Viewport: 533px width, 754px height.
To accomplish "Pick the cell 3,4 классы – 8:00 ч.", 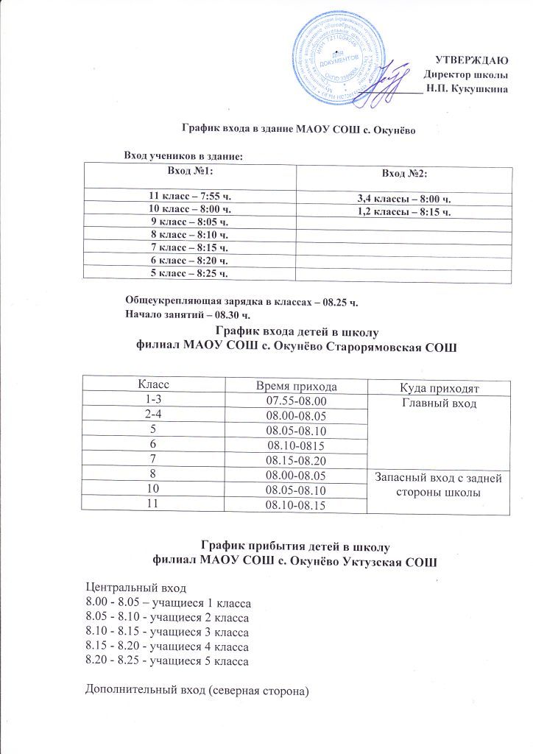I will [x=403, y=200].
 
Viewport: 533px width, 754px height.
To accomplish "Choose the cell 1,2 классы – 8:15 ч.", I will [x=403, y=213].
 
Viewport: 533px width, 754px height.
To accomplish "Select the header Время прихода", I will [x=296, y=386].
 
